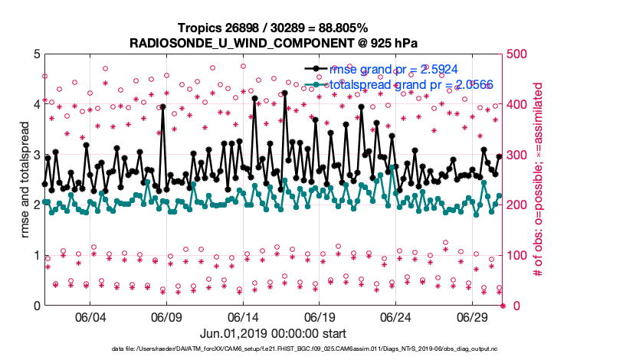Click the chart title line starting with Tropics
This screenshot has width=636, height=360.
[x=273, y=27]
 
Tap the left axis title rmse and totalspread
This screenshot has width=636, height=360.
[x=25, y=179]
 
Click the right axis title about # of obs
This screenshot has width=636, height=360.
[x=538, y=179]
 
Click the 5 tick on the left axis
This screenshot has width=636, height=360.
[x=36, y=54]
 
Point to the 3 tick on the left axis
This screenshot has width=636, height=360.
[x=36, y=155]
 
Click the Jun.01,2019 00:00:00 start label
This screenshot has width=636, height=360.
[x=273, y=333]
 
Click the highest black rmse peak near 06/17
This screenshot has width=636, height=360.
[x=284, y=93]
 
